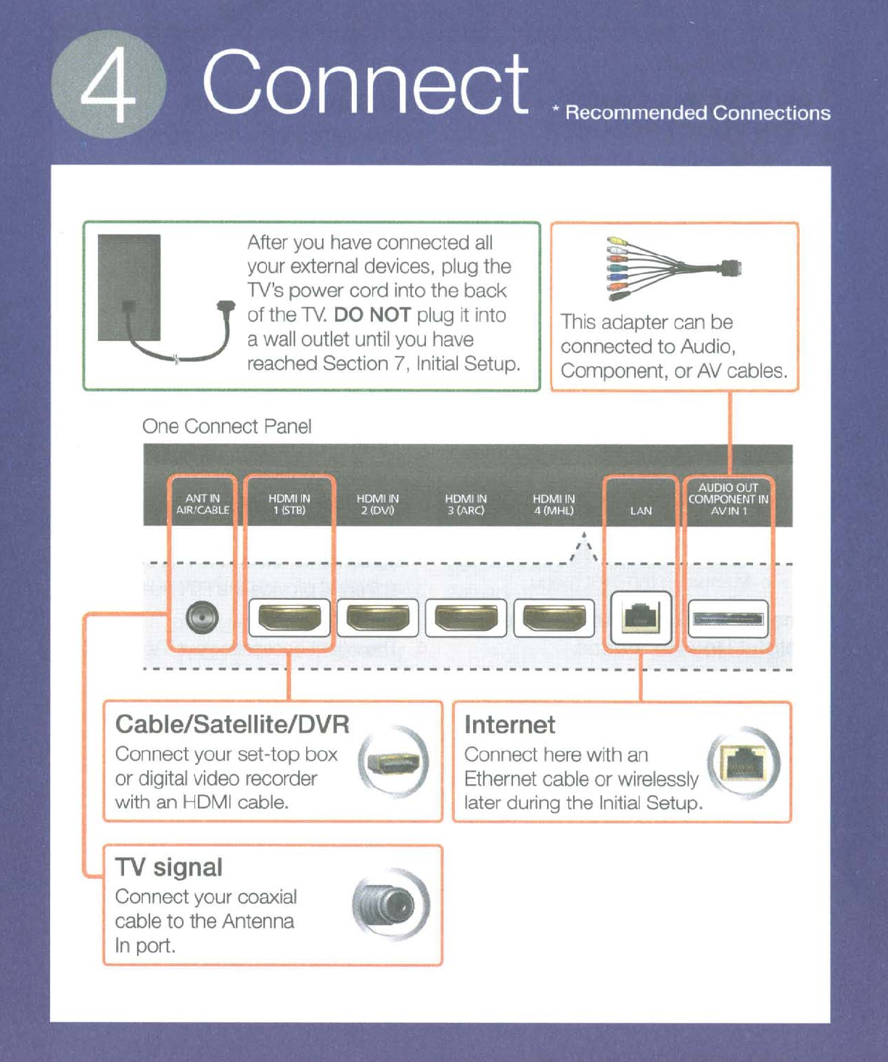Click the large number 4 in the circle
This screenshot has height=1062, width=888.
[x=109, y=85]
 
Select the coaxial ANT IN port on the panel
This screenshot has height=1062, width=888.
[x=202, y=618]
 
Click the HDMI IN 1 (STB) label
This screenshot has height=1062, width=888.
[x=289, y=504]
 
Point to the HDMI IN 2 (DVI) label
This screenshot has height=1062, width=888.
[x=377, y=504]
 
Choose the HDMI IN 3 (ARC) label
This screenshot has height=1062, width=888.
[x=466, y=504]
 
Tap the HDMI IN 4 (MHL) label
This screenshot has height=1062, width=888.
[x=554, y=504]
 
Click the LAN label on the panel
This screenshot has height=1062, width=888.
[x=641, y=511]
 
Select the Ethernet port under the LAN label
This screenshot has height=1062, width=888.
[x=641, y=618]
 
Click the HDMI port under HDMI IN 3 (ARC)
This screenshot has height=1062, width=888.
[x=466, y=618]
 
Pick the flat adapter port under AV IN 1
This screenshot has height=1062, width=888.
[x=728, y=618]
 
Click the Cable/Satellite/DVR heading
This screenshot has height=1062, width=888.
[x=232, y=724]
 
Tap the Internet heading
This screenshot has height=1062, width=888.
[x=509, y=725]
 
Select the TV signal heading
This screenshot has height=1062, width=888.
[x=168, y=867]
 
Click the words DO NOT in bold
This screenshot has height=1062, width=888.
[x=372, y=315]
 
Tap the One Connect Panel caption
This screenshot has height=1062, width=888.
[x=227, y=426]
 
